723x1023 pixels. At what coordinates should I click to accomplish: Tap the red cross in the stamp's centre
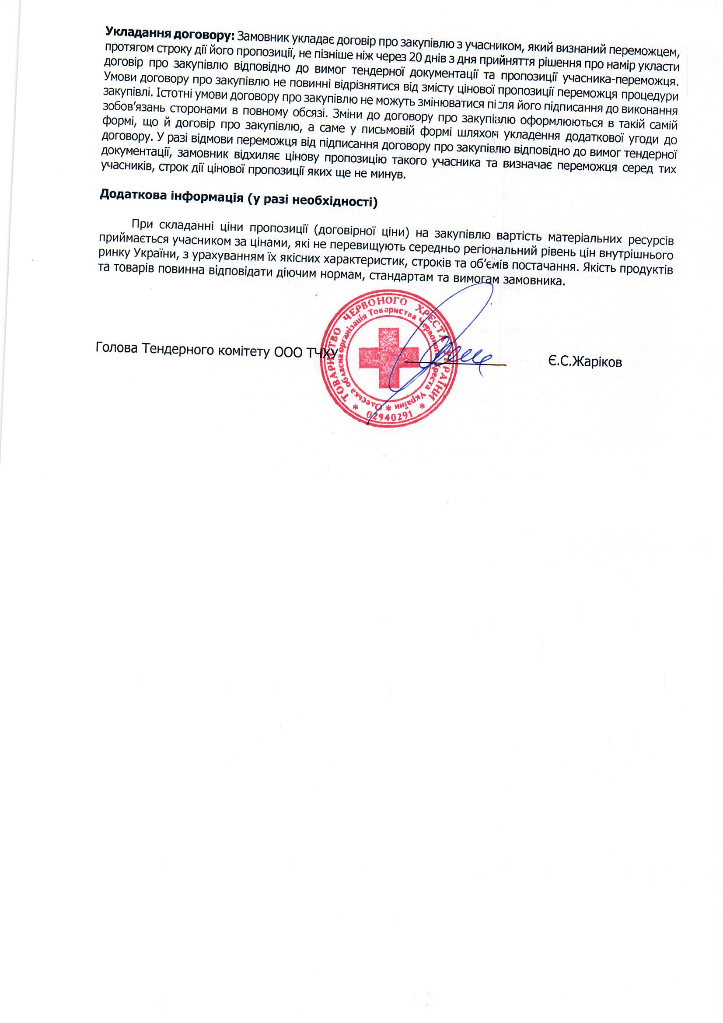pyautogui.click(x=388, y=357)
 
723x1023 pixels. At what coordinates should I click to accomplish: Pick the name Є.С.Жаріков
pyautogui.click(x=585, y=362)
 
